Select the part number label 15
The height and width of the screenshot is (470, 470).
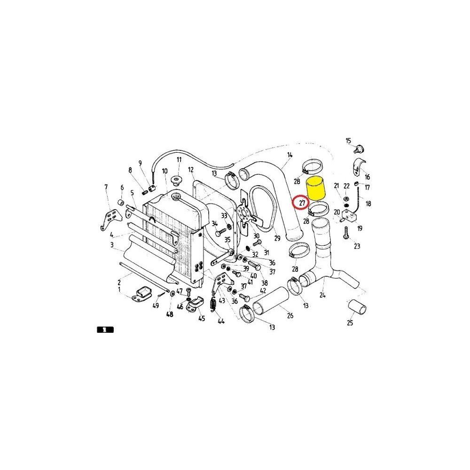[x=348, y=141]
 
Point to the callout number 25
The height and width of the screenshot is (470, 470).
[x=350, y=323]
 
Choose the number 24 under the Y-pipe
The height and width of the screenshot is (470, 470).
[x=322, y=295]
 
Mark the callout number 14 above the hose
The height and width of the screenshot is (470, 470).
[x=290, y=155]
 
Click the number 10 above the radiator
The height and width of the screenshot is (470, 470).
[x=164, y=172]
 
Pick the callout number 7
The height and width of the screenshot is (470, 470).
[x=106, y=187]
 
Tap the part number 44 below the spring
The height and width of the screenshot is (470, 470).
[x=221, y=322]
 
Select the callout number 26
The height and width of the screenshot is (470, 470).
[x=290, y=315]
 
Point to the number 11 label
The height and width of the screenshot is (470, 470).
[x=179, y=160]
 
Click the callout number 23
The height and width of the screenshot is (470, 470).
[x=357, y=246]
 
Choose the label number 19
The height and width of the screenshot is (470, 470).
[x=360, y=228]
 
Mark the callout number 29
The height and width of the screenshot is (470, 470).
[x=277, y=238]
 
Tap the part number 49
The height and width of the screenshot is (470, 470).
[x=156, y=306]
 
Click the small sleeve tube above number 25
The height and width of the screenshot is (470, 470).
[x=357, y=307]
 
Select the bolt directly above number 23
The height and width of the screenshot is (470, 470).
[x=346, y=233]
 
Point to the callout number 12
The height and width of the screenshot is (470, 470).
[x=191, y=170]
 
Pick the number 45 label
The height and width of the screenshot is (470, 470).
[x=202, y=318]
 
